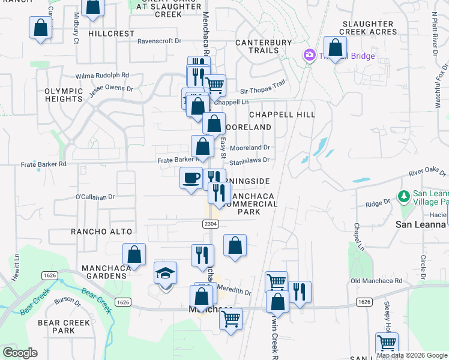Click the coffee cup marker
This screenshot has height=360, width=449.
point(191,179)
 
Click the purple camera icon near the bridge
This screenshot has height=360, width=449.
point(310,56)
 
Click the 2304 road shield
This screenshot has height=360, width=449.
point(209,223)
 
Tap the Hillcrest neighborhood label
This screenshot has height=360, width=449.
point(111,34)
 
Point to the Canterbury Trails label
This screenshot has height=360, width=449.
point(264,46)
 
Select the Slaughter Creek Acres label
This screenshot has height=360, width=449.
point(367,28)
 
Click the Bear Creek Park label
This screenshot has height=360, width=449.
point(64,326)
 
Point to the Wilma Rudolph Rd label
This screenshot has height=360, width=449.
point(102,76)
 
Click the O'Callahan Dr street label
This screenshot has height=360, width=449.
point(95,196)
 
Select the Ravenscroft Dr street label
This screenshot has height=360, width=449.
point(159,41)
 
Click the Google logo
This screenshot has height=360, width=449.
point(20,353)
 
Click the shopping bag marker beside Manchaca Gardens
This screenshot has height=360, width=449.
point(134,254)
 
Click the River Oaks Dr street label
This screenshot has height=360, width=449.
point(429,173)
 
